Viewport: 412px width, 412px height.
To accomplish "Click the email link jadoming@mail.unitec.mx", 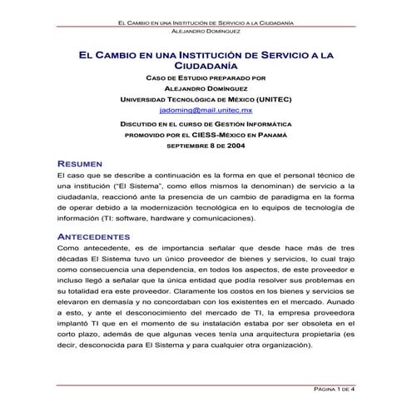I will pos(205,109).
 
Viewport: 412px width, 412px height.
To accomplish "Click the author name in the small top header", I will pos(206,31).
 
